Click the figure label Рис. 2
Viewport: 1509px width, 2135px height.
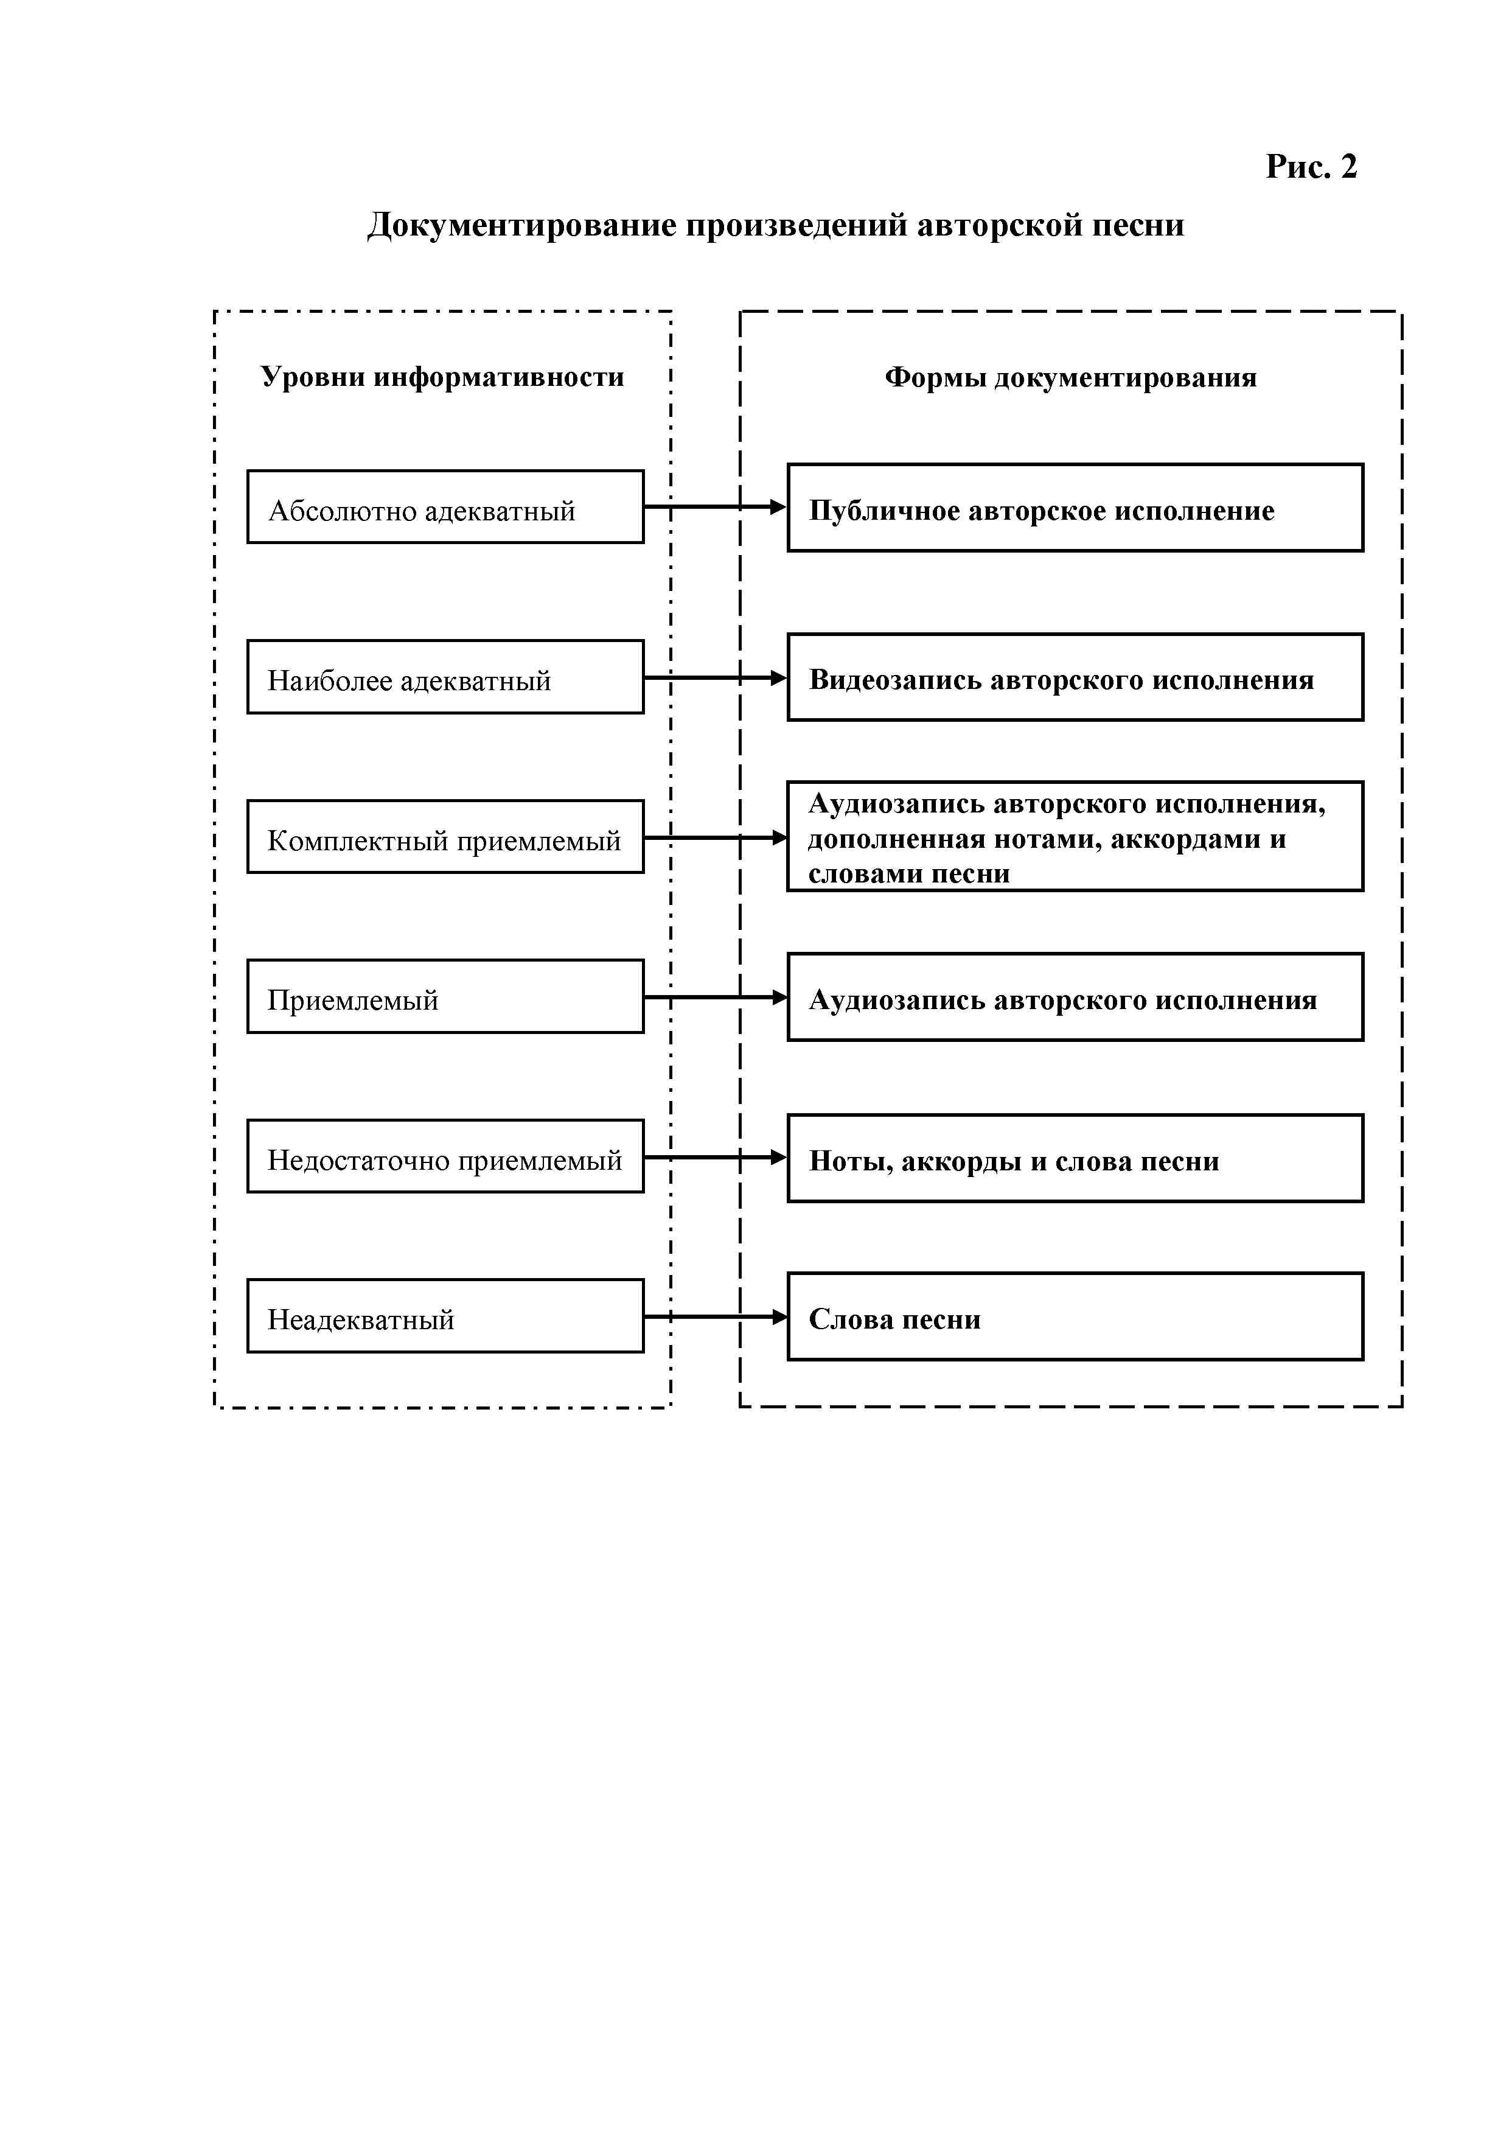(x=1311, y=166)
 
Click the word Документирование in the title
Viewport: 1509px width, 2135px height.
(x=521, y=226)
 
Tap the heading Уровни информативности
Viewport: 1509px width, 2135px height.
(x=442, y=377)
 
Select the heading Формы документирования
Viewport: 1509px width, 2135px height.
(x=1070, y=377)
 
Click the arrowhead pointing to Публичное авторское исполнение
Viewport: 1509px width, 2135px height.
(x=779, y=508)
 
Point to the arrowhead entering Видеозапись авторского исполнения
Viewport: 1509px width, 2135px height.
(x=779, y=678)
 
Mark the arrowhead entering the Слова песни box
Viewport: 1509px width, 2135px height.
(x=779, y=1316)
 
